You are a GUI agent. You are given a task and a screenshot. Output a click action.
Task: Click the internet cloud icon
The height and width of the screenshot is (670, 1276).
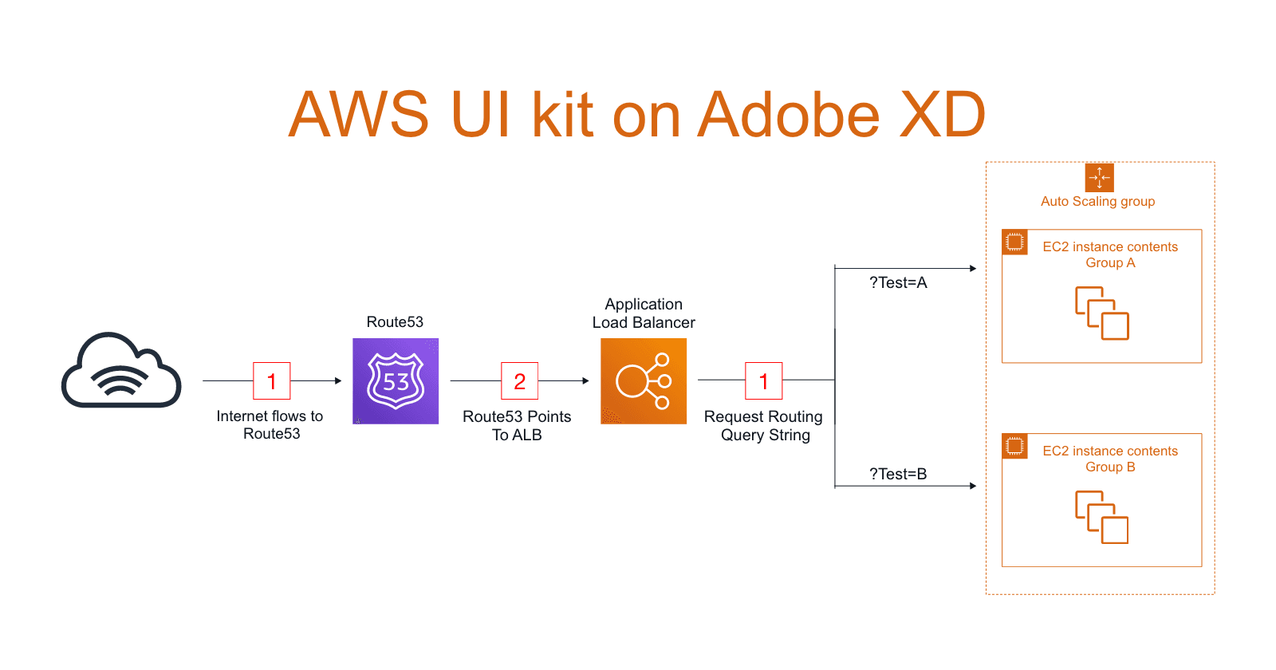pos(121,371)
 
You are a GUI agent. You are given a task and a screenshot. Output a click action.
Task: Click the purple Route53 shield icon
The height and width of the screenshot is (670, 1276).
pos(396,381)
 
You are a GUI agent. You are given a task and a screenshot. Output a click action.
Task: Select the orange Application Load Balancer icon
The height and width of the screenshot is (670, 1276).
pos(644,381)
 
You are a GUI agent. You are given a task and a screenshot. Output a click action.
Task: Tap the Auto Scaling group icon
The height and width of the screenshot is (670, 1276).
pos(1099,178)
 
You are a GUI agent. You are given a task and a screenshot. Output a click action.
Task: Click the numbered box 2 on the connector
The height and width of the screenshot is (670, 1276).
pos(519,381)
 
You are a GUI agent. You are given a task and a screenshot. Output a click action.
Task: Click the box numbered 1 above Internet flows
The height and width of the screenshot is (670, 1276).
pos(272,381)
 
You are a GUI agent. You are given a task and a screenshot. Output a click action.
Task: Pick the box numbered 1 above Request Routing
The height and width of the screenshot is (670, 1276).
pos(763,381)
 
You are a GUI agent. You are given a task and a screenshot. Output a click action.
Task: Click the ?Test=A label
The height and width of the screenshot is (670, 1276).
pos(898,283)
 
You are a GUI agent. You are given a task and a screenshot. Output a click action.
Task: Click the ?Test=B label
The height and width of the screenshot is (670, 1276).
pos(898,475)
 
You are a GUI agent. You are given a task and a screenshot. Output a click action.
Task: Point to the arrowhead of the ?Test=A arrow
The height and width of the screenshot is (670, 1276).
pos(973,269)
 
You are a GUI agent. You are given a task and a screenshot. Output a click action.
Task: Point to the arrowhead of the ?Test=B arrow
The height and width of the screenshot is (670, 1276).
pos(973,486)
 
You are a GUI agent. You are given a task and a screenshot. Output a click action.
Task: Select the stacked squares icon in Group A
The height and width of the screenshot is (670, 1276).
pos(1102,313)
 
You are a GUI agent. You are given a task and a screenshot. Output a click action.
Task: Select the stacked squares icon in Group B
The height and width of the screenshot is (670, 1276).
pos(1102,518)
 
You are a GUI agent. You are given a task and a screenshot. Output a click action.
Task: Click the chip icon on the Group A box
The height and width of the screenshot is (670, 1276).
pos(1014,242)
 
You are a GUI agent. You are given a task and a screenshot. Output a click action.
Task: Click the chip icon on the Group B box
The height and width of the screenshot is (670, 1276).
pos(1014,446)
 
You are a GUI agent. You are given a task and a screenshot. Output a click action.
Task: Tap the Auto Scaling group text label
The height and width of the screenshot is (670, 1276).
pos(1097,202)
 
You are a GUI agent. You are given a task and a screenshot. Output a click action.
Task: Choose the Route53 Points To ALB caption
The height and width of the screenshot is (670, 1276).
pos(517,426)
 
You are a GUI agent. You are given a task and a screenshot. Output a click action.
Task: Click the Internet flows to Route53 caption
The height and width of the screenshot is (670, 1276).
pos(270,425)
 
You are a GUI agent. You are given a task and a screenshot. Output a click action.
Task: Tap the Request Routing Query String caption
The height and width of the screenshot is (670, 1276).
pos(763,426)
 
